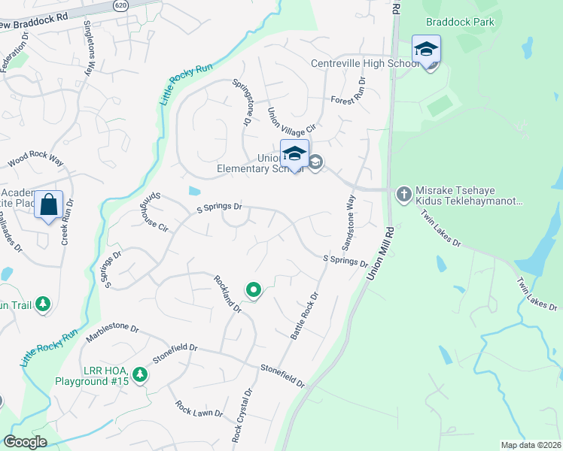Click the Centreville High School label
click(x=361, y=63)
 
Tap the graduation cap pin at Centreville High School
click(x=426, y=50)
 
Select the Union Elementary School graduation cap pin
click(x=294, y=154)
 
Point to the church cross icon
click(x=403, y=195)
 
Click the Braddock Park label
click(x=459, y=22)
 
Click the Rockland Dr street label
click(x=227, y=293)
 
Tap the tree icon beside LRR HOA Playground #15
click(x=139, y=374)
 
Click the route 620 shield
click(x=121, y=5)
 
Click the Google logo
click(x=25, y=442)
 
